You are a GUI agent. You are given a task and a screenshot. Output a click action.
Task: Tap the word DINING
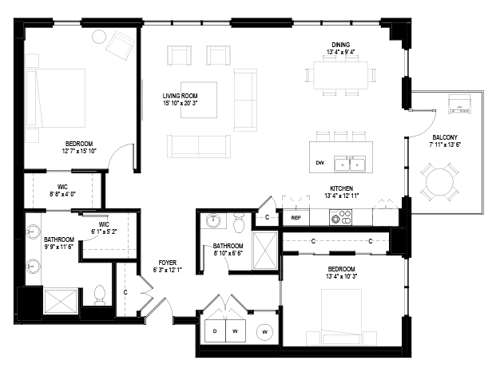pos(340,44)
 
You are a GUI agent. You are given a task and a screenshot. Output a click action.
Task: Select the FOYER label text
pos(166,260)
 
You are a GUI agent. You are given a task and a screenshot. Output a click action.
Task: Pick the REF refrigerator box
pos(296,217)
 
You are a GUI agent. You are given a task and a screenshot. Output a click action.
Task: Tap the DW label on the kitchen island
pos(319,164)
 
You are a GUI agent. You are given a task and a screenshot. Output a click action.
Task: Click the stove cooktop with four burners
pos(340,216)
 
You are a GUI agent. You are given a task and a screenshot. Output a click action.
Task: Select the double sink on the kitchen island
pos(350,164)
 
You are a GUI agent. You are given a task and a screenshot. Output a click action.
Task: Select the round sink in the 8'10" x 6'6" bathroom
pos(214,220)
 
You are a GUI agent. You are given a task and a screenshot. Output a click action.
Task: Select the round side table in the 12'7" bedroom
pos(100,36)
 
